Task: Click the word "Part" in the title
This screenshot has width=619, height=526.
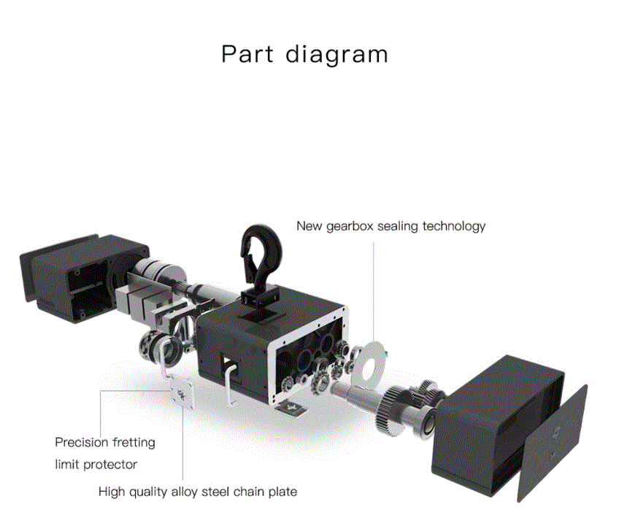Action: tap(247, 55)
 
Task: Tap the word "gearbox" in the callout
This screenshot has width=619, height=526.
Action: tap(353, 226)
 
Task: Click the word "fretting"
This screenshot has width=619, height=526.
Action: tap(134, 442)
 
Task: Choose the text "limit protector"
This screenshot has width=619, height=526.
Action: tap(96, 464)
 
